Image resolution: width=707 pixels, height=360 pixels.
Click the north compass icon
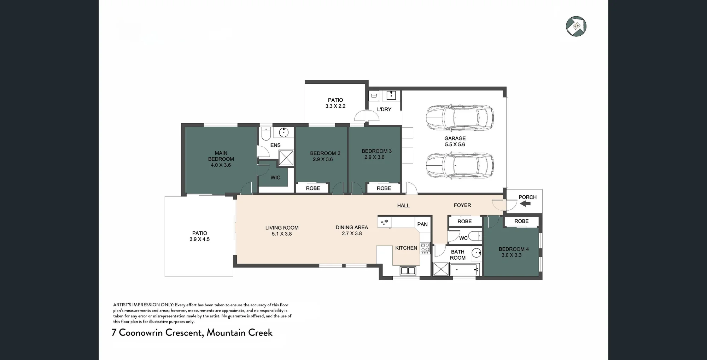pyautogui.click(x=576, y=26)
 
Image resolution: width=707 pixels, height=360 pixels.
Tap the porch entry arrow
pyautogui.click(x=525, y=203)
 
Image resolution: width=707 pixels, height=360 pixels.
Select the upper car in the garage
pyautogui.click(x=460, y=117)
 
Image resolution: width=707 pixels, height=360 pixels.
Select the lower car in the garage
pyautogui.click(x=460, y=165)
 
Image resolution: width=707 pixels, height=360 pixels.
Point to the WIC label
pyautogui.click(x=275, y=178)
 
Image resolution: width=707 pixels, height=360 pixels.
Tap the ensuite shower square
pyautogui.click(x=286, y=158)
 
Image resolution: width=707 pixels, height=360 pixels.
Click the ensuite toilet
pyautogui.click(x=266, y=133)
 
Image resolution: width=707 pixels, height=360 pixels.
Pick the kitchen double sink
pyautogui.click(x=408, y=271)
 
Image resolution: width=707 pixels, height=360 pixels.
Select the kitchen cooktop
pyautogui.click(x=425, y=248)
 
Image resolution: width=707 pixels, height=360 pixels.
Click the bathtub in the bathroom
pyautogui.click(x=464, y=270)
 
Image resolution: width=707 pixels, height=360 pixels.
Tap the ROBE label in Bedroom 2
pyautogui.click(x=313, y=188)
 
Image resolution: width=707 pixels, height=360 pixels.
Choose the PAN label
pyautogui.click(x=422, y=224)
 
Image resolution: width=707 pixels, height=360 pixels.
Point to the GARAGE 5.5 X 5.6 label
pyautogui.click(x=455, y=141)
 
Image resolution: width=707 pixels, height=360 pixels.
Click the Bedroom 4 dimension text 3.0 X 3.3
pyautogui.click(x=512, y=255)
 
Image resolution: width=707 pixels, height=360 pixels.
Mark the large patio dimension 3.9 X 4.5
pyautogui.click(x=199, y=239)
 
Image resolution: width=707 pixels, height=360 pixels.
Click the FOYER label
pyautogui.click(x=462, y=205)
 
